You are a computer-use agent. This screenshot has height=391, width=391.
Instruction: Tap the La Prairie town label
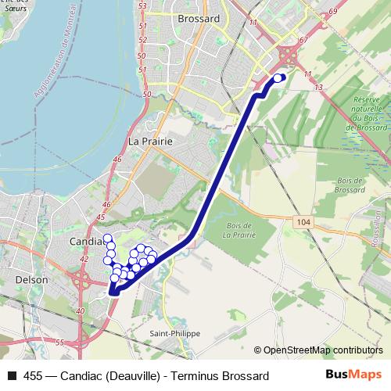[x=149, y=142]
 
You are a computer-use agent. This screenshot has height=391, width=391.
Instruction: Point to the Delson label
[x=33, y=279]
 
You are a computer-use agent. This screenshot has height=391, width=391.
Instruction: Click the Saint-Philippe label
[x=175, y=333]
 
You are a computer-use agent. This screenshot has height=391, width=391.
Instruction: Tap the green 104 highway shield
[x=304, y=223]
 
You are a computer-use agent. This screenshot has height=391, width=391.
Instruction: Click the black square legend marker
[x=12, y=375]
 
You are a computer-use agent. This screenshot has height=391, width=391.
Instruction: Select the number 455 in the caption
[x=34, y=375]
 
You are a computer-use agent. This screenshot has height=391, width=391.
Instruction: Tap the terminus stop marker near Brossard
[x=278, y=77]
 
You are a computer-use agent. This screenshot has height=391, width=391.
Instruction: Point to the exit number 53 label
[x=142, y=6]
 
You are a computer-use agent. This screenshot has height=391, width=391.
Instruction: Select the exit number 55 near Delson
[x=59, y=343]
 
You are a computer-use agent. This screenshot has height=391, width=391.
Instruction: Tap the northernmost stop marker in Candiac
[x=108, y=238]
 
